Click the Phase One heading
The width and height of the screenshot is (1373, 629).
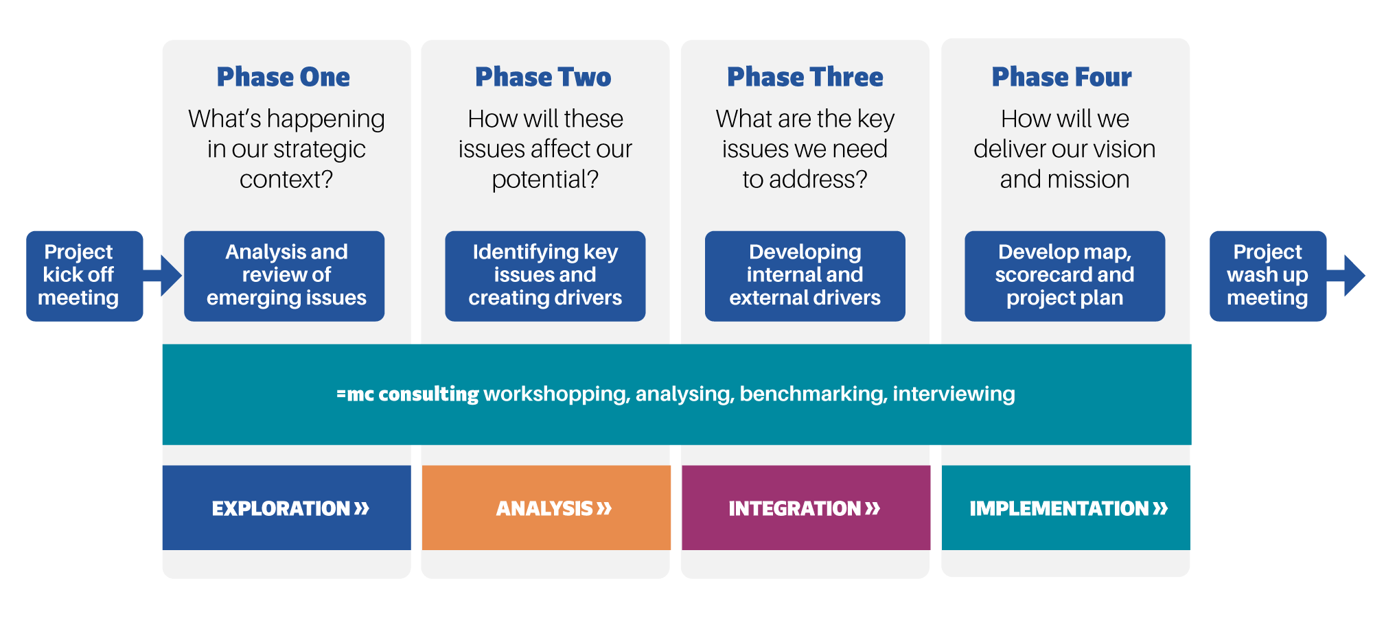[x=283, y=77]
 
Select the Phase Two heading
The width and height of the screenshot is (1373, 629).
[x=543, y=77]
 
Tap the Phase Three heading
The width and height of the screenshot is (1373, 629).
[x=805, y=77]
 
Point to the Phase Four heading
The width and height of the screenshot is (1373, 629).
[x=1061, y=77]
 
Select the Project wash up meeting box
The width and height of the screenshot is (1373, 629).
[x=1267, y=275]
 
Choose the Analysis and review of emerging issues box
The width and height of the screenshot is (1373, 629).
[x=284, y=275]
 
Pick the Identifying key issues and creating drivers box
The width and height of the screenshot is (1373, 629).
[x=544, y=275]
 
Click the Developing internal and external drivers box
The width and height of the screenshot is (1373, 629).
[x=805, y=275]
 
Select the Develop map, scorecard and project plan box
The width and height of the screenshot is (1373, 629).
[x=1064, y=275]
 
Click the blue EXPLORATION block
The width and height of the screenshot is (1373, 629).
[x=286, y=508]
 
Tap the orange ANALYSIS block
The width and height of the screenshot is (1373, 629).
[x=546, y=508]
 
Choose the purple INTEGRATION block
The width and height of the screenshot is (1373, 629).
[x=805, y=508]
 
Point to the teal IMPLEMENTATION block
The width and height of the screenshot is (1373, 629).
[x=1065, y=508]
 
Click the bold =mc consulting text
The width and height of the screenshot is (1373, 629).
[x=407, y=394]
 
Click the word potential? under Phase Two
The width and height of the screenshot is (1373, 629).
[x=545, y=180]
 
